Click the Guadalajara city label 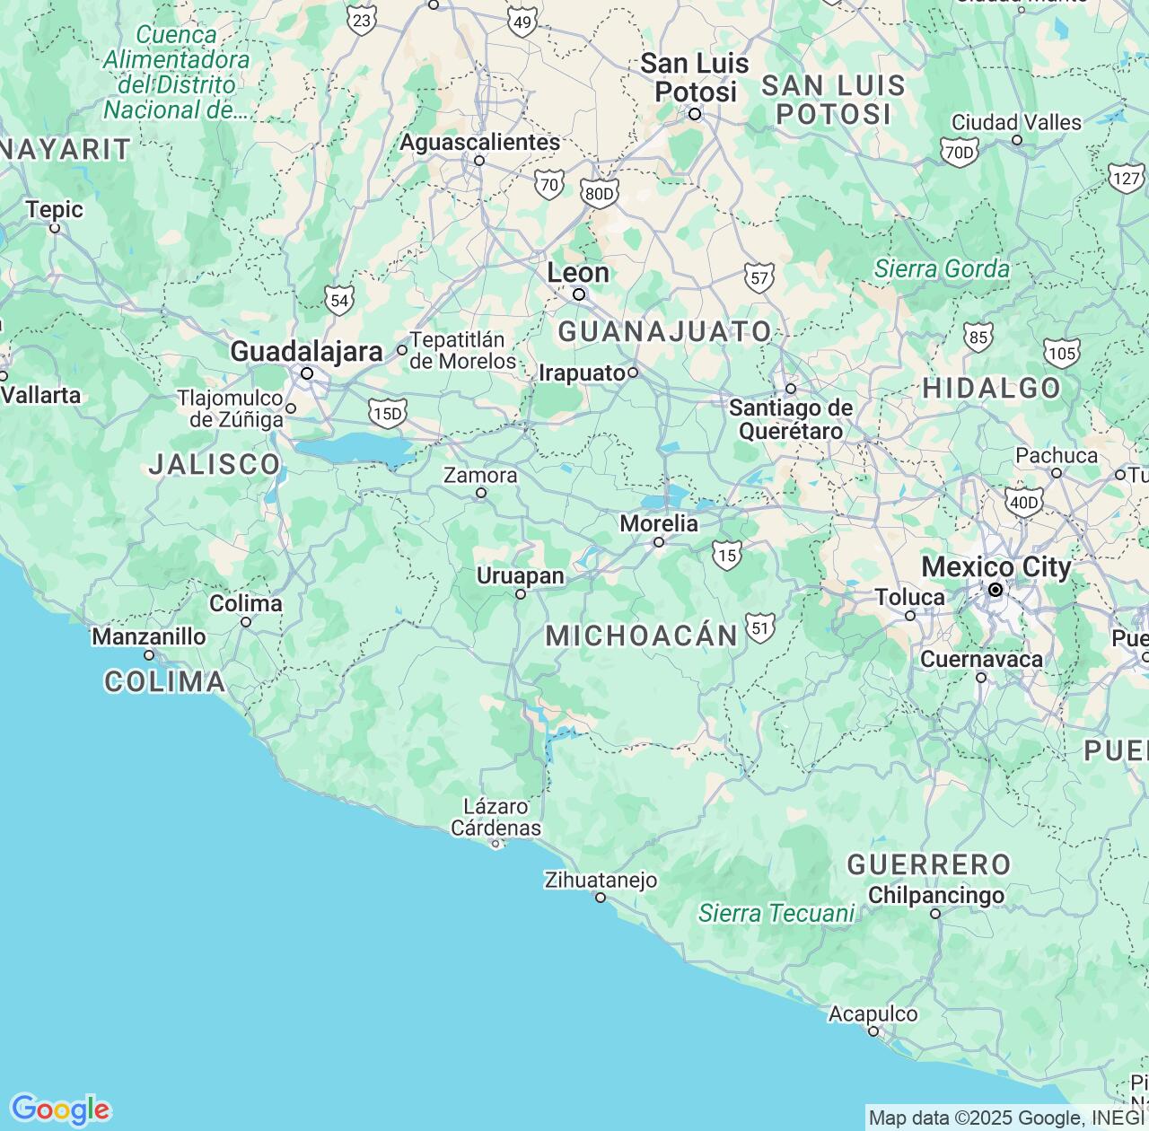(x=306, y=351)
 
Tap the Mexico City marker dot (x=995, y=590)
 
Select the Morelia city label (x=658, y=523)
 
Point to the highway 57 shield (x=759, y=278)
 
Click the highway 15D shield (x=387, y=413)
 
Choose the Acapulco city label (x=873, y=1014)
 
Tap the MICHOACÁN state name (x=641, y=636)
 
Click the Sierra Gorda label (x=942, y=268)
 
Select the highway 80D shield (x=599, y=193)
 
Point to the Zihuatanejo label (x=601, y=881)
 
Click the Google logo (x=60, y=1109)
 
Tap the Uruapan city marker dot (x=520, y=594)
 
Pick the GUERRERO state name (x=929, y=864)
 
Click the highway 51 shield (x=760, y=627)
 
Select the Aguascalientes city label (x=479, y=142)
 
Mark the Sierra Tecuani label (x=776, y=913)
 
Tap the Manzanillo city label (x=149, y=636)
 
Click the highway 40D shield (x=1023, y=502)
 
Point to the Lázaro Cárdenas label (x=496, y=817)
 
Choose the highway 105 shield (x=1062, y=353)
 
